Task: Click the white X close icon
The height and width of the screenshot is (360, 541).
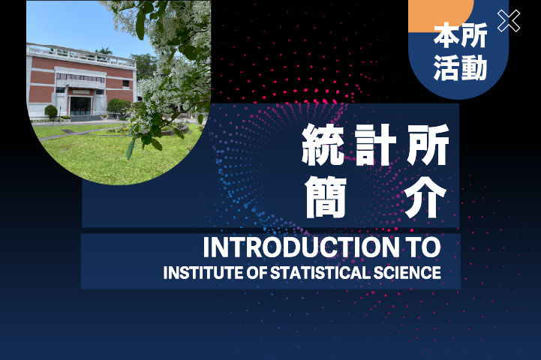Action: click(509, 21)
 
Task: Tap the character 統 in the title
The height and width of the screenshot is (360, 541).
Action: click(323, 145)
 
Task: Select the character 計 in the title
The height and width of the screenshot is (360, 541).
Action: click(375, 145)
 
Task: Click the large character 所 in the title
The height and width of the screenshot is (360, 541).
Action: click(428, 145)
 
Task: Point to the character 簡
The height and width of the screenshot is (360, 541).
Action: click(326, 197)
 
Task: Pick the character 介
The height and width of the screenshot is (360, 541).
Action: click(425, 197)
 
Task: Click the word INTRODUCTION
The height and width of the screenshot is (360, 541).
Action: click(301, 247)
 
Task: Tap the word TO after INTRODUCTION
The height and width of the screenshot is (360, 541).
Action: click(423, 247)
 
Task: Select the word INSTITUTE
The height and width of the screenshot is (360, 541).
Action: click(203, 272)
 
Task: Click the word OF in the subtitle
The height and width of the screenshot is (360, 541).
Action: click(257, 272)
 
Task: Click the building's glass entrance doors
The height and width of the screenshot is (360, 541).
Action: click(81, 106)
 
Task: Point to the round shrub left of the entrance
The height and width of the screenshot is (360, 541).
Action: click(51, 112)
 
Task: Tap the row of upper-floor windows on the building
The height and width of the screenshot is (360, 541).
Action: click(80, 77)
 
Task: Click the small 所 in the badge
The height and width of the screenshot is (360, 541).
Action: click(474, 34)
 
